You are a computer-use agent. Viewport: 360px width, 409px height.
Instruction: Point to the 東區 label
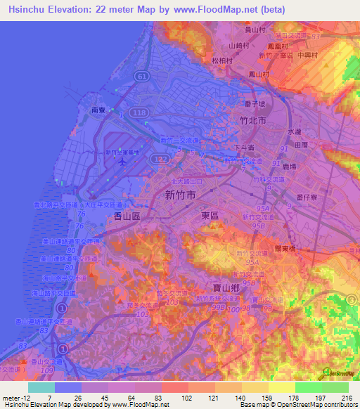coord(211,216)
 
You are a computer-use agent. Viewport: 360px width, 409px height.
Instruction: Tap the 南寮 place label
coord(98,110)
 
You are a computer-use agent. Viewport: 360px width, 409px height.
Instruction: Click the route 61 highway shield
coord(142,75)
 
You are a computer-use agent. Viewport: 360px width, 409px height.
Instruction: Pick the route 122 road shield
coord(162,161)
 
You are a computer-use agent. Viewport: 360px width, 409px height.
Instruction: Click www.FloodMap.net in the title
coord(214,9)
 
